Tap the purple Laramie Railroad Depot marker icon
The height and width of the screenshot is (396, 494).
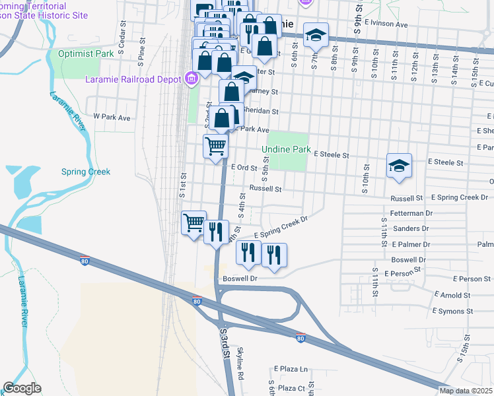click(192, 79)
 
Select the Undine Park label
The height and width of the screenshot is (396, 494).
click(286, 150)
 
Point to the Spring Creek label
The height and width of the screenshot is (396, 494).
click(86, 172)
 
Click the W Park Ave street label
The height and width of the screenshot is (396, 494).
click(112, 116)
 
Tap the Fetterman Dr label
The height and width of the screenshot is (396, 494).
click(411, 213)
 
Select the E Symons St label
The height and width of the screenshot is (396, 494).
click(452, 310)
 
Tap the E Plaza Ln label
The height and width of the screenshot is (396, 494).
click(291, 369)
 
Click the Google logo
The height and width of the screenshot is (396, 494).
click(22, 388)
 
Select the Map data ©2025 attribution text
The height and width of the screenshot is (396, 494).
click(466, 391)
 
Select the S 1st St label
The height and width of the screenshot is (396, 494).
click(183, 185)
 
